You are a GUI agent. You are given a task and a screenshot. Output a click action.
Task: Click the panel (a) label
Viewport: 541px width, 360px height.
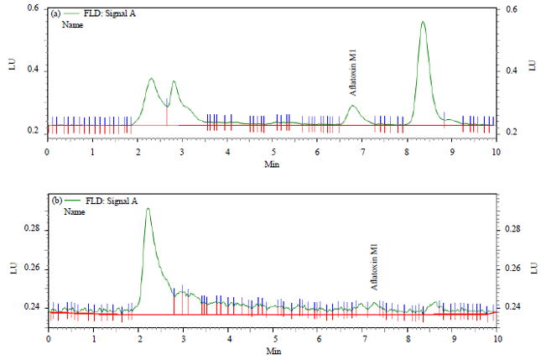click(x=55, y=14)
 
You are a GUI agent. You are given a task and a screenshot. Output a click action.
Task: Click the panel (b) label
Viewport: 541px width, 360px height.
click(x=56, y=201)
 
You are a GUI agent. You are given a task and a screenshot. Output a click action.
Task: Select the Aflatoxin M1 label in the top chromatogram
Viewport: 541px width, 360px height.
click(x=353, y=73)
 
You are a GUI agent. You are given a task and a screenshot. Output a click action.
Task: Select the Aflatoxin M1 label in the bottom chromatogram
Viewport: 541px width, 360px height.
click(x=375, y=266)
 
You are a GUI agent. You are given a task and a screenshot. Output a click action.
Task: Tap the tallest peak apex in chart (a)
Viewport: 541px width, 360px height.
click(x=423, y=22)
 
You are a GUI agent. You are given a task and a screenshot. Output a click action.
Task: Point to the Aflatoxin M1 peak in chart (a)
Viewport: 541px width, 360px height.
click(x=353, y=106)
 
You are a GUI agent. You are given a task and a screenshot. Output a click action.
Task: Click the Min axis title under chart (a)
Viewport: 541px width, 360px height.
click(x=272, y=164)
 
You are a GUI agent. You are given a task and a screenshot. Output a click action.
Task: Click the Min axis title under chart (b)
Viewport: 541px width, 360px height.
click(x=273, y=349)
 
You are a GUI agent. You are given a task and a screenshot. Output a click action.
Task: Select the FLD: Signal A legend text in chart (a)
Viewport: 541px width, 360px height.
click(x=105, y=14)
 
